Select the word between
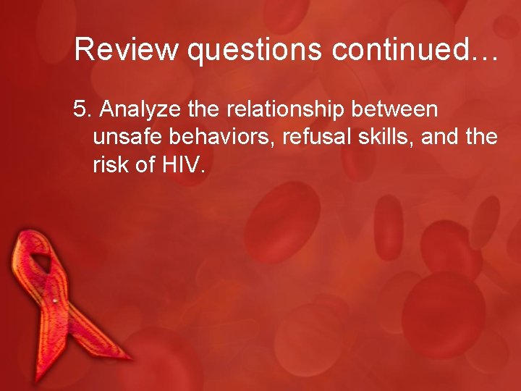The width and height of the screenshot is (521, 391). (x=400, y=109)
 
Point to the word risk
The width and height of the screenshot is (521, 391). (x=111, y=166)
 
